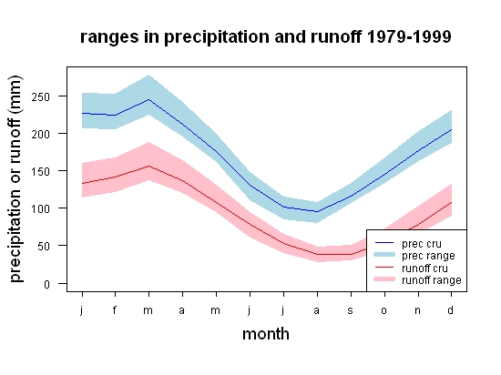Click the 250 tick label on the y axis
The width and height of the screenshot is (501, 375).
pyautogui.click(x=41, y=96)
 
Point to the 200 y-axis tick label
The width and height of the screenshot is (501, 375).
pyautogui.click(x=41, y=134)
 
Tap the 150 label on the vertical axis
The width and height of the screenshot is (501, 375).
pyautogui.click(x=41, y=171)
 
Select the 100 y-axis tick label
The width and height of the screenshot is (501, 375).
pyautogui.click(x=41, y=209)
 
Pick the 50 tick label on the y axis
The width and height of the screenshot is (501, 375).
pyautogui.click(x=44, y=247)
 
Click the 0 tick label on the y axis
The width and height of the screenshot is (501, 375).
pyautogui.click(x=47, y=284)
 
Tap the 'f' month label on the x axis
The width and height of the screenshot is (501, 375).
pyautogui.click(x=115, y=309)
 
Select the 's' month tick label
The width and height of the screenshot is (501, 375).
pyautogui.click(x=351, y=310)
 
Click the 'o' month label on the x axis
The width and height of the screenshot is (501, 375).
pyautogui.click(x=384, y=310)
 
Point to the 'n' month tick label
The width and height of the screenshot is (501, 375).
pyautogui.click(x=417, y=310)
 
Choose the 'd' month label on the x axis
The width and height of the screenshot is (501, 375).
pyautogui.click(x=451, y=309)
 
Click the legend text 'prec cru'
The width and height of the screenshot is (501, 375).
pyautogui.click(x=422, y=244)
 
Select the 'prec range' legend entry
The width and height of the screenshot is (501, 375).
pyautogui.click(x=428, y=256)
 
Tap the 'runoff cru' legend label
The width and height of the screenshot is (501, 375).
pyautogui.click(x=424, y=269)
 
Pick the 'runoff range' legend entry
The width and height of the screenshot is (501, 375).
pyautogui.click(x=432, y=280)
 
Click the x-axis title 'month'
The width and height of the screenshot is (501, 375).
pyautogui.click(x=266, y=334)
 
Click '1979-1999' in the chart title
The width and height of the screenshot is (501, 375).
pyautogui.click(x=409, y=36)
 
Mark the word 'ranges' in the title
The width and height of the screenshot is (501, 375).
pyautogui.click(x=109, y=37)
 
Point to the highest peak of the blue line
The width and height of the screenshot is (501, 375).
pyautogui.click(x=148, y=99)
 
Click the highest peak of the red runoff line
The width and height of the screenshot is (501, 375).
pyautogui.click(x=148, y=166)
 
